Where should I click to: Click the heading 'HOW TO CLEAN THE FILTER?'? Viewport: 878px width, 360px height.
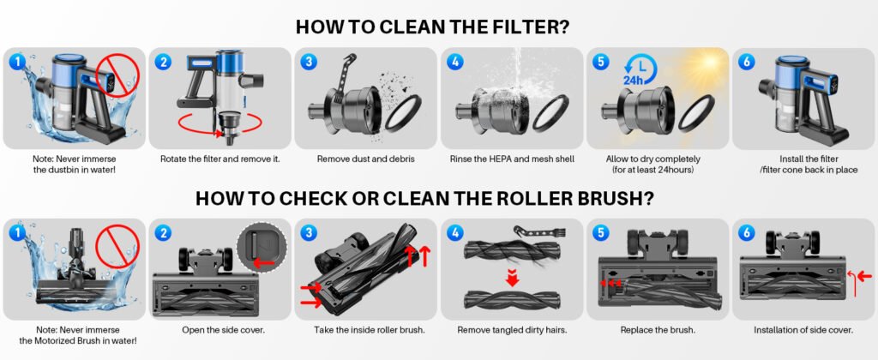433,26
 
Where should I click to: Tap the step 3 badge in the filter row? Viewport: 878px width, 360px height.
308,62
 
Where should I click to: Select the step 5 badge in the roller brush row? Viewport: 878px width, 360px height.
599,232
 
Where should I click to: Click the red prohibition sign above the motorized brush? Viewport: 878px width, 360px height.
118,249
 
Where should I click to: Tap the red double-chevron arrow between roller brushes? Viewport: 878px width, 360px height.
510,277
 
